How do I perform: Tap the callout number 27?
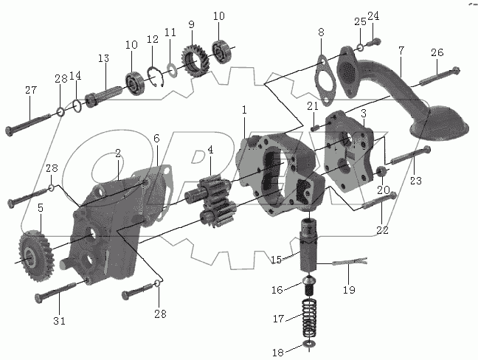pyautogui.click(x=30, y=91)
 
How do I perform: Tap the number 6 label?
pyautogui.click(x=156, y=138)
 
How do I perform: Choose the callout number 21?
pyautogui.click(x=312, y=107)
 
